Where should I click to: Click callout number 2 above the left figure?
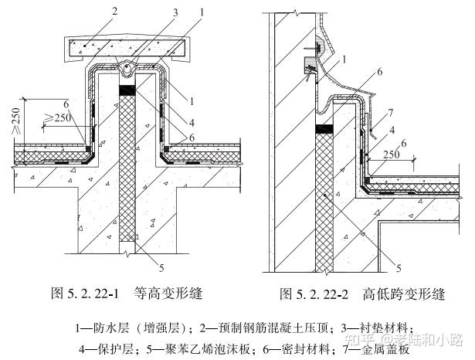pos(114,12)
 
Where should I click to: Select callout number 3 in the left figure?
pos(175,12)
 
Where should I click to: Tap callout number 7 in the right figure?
pos(391,113)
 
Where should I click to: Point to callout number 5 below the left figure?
pos(161,267)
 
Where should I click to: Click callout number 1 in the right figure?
pos(344,59)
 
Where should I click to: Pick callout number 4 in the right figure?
pos(392,131)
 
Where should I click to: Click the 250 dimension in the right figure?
pos(392,155)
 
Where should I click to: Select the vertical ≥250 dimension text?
pos(15,121)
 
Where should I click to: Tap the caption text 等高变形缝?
pos(168,294)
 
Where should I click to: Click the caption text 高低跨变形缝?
pos(403,294)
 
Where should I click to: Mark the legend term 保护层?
pos(116,350)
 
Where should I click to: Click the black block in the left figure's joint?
pos(127,90)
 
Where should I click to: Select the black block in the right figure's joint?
pos(324,129)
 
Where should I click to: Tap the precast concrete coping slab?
pos(127,48)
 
